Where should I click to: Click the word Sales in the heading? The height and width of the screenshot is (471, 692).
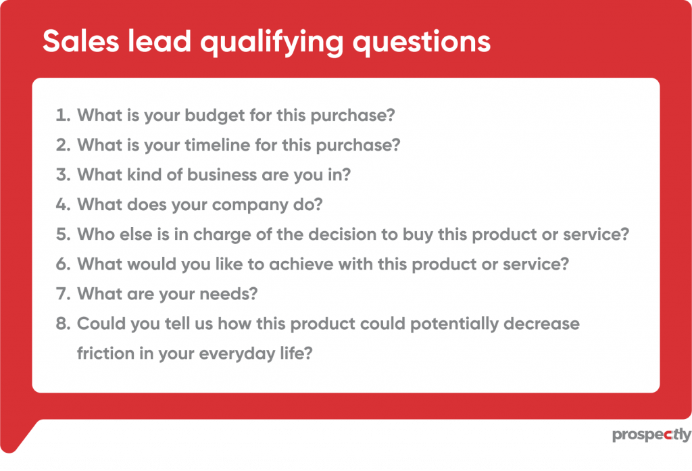coord(81,41)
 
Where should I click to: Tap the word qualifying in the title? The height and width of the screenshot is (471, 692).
coord(272,43)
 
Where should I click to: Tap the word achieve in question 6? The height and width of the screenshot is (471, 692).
coord(301,264)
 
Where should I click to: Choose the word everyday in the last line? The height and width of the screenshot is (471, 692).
coord(237,354)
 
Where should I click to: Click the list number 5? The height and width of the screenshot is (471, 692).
coord(63,234)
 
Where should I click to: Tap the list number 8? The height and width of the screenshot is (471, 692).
coord(63,324)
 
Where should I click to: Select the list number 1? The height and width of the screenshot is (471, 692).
coord(63,115)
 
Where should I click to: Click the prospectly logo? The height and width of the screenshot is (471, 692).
coord(652,435)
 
